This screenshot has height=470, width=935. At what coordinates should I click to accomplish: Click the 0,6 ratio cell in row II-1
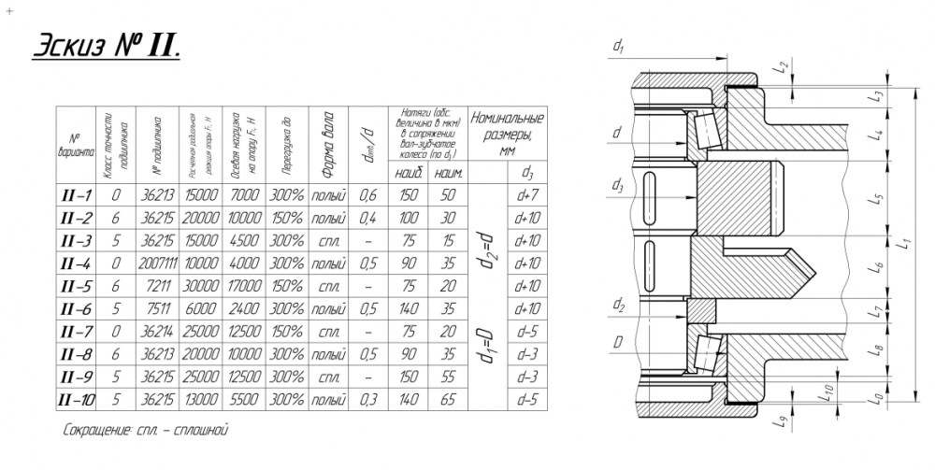pyautogui.click(x=369, y=194)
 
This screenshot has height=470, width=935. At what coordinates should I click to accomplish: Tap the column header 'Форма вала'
pyautogui.click(x=327, y=146)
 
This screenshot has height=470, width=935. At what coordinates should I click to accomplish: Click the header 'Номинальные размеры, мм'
pyautogui.click(x=507, y=134)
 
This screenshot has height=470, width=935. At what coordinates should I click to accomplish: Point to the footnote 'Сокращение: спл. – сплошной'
pyautogui.click(x=145, y=432)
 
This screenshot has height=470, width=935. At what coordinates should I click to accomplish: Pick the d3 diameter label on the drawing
pyautogui.click(x=617, y=187)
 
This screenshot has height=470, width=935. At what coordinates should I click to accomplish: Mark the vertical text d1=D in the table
pyautogui.click(x=482, y=345)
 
